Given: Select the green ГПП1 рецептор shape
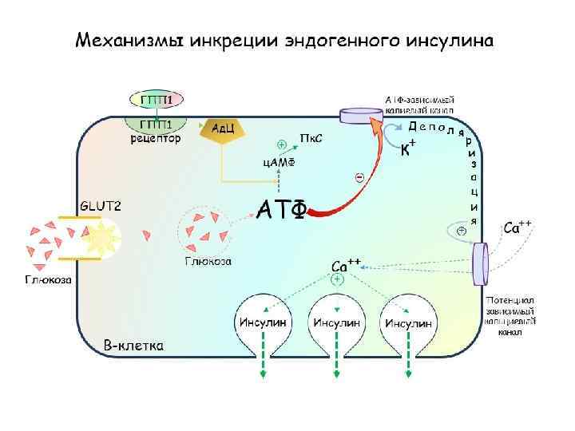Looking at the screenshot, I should click(157, 126).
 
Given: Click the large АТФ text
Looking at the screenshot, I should click(280, 209).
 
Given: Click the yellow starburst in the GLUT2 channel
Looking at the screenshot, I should click(101, 237).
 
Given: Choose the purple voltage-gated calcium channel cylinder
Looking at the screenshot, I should click(480, 263).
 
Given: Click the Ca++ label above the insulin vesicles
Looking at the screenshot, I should click(347, 265).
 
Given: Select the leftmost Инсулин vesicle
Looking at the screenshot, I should click(262, 322).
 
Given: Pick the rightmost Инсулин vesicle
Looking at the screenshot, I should click(408, 322).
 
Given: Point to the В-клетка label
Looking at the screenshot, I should click(134, 346).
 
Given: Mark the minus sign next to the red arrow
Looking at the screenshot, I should click(359, 177).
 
